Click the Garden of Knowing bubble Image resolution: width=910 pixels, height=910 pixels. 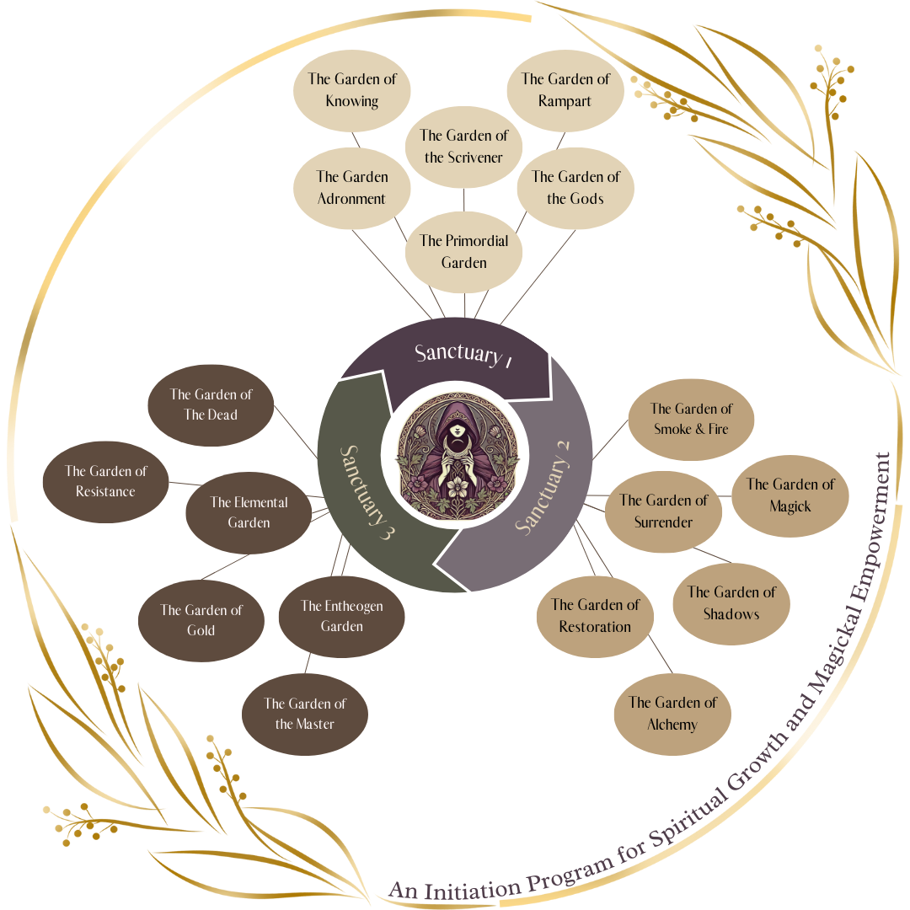(352, 90)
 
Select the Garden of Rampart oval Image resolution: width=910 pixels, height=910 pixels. (565, 90)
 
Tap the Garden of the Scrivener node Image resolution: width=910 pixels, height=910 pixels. (464, 146)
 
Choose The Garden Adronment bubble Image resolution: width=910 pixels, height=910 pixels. (352, 188)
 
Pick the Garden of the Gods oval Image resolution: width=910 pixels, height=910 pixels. (575, 188)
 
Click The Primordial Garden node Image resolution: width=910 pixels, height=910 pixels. (464, 252)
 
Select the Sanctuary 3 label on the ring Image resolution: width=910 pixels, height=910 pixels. (367, 493)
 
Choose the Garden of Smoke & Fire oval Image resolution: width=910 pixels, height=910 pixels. (691, 419)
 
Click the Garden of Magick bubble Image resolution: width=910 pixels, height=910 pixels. (790, 495)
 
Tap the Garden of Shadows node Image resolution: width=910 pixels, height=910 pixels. (731, 603)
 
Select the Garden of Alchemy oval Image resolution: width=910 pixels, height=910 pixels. (672, 713)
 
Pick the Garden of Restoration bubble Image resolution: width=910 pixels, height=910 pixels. (595, 616)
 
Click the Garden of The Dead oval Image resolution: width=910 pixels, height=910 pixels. (211, 404)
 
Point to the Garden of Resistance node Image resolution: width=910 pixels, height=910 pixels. (105, 481)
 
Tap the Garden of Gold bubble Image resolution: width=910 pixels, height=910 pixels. (201, 620)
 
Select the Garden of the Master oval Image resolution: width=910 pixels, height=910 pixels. (305, 714)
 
